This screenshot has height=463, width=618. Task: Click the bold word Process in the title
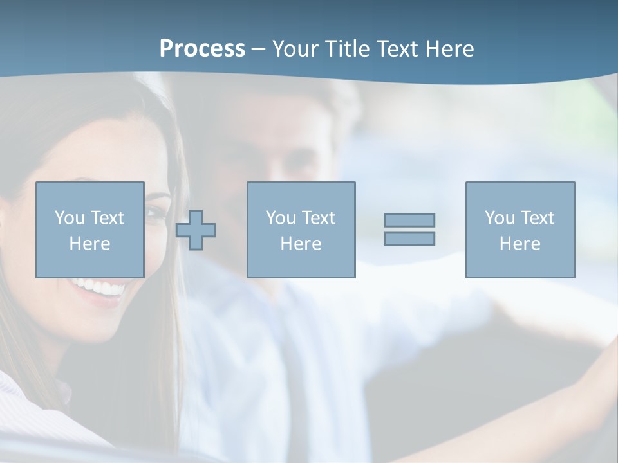tap(202, 49)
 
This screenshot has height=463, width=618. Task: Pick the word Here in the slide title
tap(450, 49)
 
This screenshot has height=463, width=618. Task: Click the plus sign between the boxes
tap(196, 230)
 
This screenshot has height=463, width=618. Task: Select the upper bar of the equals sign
tap(409, 220)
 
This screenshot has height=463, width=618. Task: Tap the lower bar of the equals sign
tap(409, 239)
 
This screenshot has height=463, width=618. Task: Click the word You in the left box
tap(70, 218)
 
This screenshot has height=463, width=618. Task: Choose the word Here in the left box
tap(89, 244)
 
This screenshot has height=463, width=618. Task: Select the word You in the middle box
tap(281, 218)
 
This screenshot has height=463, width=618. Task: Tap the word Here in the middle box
tap(301, 244)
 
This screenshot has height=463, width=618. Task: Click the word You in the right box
tap(500, 218)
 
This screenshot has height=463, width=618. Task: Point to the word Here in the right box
tap(520, 244)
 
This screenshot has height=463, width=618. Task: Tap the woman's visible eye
tap(154, 213)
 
